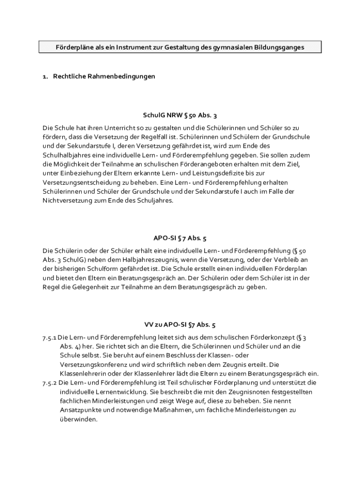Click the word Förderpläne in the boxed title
(63, 47)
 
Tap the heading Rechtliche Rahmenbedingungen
(104, 76)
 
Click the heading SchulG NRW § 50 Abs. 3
(180, 116)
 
